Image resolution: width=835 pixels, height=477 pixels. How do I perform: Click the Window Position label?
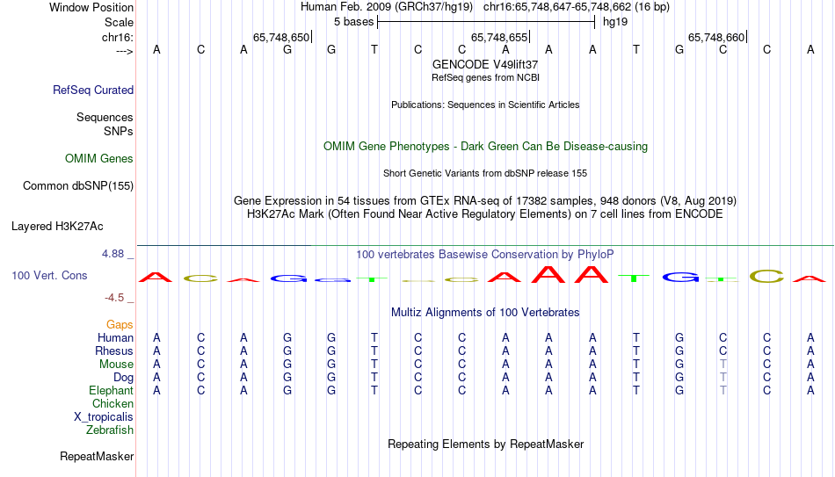91,7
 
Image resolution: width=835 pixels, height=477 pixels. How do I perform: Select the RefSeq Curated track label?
93,90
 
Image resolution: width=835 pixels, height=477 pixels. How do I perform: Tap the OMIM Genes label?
99,159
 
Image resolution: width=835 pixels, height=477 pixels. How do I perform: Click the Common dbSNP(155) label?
78,186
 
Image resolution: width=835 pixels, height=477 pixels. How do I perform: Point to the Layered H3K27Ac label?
57,227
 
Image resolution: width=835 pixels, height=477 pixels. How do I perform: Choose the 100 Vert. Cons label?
49,275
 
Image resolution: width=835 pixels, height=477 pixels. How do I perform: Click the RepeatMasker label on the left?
97,456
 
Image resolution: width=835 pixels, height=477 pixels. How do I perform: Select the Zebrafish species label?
110,430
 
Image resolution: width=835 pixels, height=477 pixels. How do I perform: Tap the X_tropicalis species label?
104,417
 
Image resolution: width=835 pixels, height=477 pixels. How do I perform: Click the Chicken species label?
113,403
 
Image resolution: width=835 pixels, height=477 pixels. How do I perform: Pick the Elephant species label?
111,390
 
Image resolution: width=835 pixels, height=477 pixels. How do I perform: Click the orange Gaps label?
120,324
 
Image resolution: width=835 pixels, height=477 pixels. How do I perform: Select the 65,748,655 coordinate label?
499,37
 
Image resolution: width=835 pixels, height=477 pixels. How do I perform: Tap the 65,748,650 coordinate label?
281,37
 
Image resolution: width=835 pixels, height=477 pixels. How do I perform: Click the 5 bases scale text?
353,22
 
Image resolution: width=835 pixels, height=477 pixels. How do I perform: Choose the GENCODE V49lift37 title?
485,64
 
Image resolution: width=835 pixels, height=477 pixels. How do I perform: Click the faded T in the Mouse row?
722,365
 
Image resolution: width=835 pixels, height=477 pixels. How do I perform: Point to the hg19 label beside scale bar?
615,22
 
